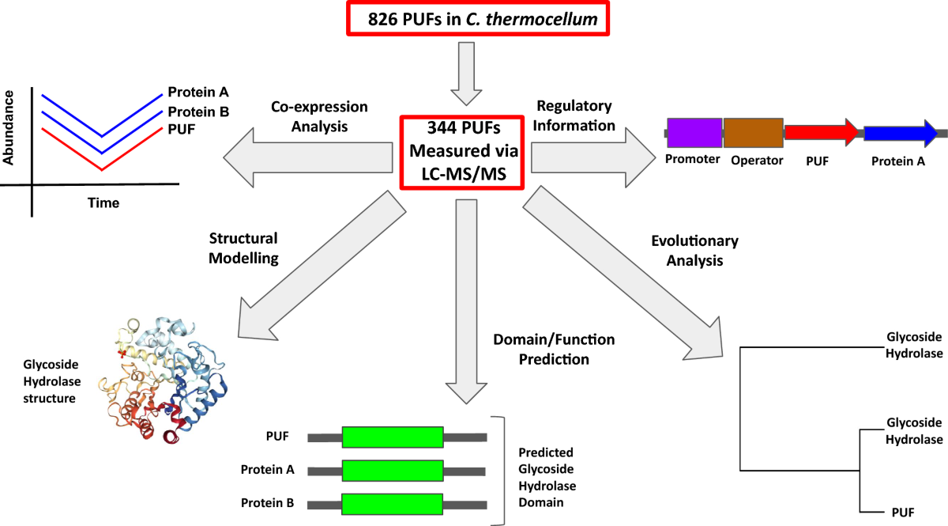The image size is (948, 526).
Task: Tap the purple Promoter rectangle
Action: click(694, 132)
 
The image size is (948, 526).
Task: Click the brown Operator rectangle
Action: click(753, 132)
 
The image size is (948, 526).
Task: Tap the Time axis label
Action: click(103, 203)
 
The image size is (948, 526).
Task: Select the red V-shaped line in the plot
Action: click(101, 168)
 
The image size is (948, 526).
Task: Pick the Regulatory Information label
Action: click(574, 115)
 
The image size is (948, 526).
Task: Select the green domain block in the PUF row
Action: click(393, 437)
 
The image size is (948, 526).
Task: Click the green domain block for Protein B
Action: click(393, 505)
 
